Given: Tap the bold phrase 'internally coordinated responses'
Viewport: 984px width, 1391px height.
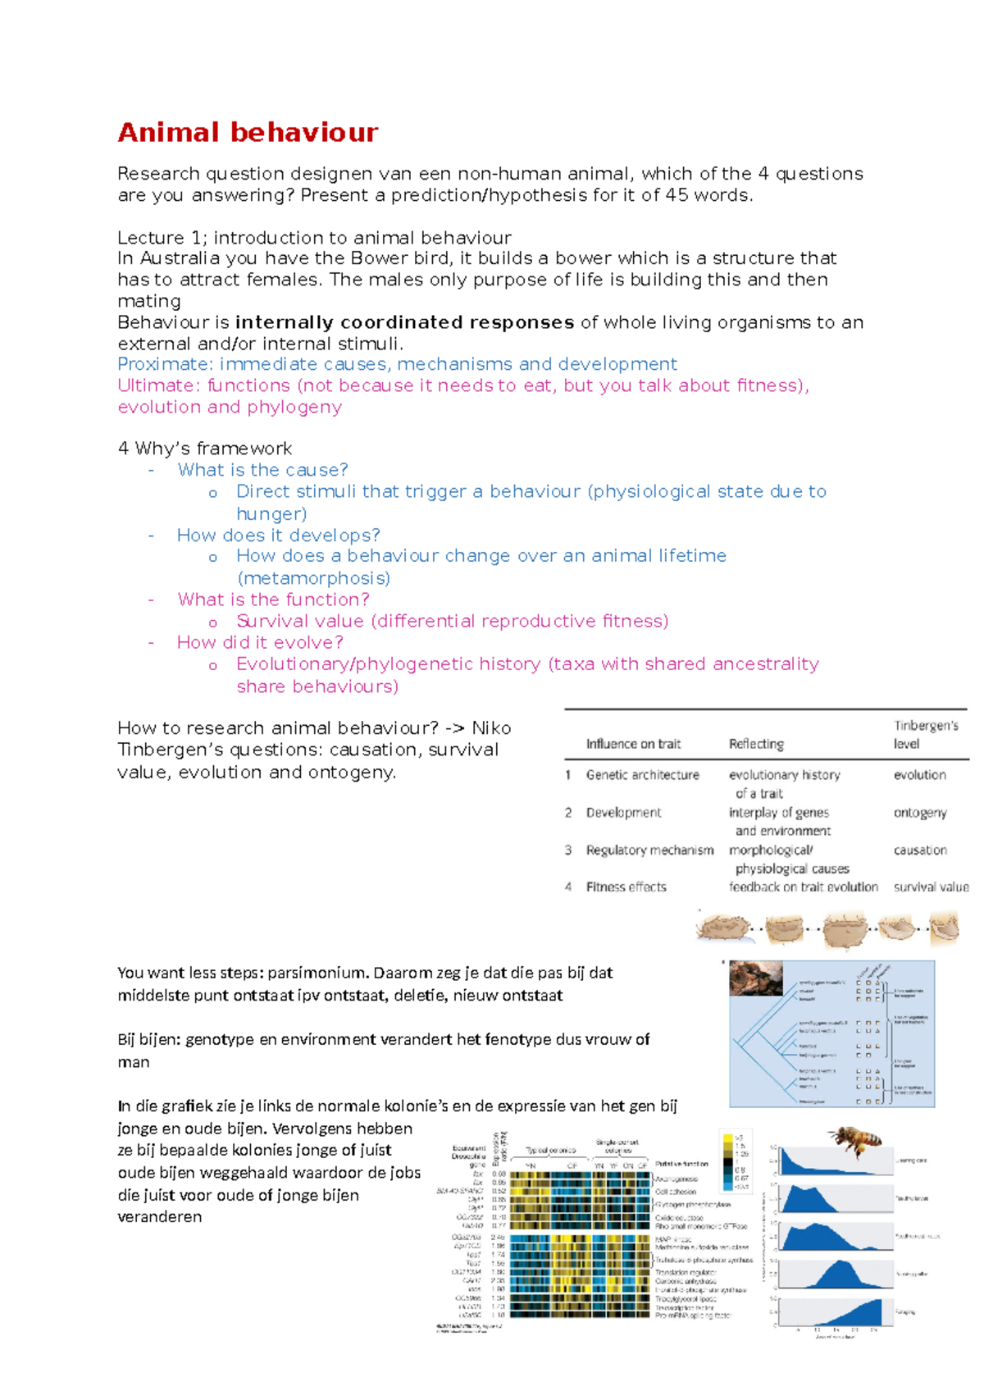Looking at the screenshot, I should pos(404,322).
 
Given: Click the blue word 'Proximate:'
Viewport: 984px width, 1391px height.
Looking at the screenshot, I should pos(165,364).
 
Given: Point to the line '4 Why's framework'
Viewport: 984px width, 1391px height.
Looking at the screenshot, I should pos(204,449).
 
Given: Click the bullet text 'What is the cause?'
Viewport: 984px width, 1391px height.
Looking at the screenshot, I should pos(262,470).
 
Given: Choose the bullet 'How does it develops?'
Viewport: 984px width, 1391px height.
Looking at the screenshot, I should pos(278,536).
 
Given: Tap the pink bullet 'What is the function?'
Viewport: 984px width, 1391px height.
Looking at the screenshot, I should pos(273,600).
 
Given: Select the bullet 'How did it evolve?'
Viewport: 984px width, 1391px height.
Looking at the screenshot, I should pos(260,642).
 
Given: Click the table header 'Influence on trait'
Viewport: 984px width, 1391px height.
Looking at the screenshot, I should pos(633,744).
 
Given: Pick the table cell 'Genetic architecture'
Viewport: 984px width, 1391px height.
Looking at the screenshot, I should pos(642,775).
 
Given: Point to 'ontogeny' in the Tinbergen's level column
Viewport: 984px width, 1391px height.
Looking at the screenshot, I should pos(919,813).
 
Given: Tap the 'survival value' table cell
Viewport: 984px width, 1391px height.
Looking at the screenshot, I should pos(931,887).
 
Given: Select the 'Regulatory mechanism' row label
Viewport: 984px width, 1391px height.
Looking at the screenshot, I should pos(649,851).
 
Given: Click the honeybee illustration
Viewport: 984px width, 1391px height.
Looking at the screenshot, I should pos(855,1140).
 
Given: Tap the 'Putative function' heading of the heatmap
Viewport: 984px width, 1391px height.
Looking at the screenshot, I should pos(681,1164).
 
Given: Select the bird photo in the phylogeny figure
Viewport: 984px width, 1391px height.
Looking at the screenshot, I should pos(755,978).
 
